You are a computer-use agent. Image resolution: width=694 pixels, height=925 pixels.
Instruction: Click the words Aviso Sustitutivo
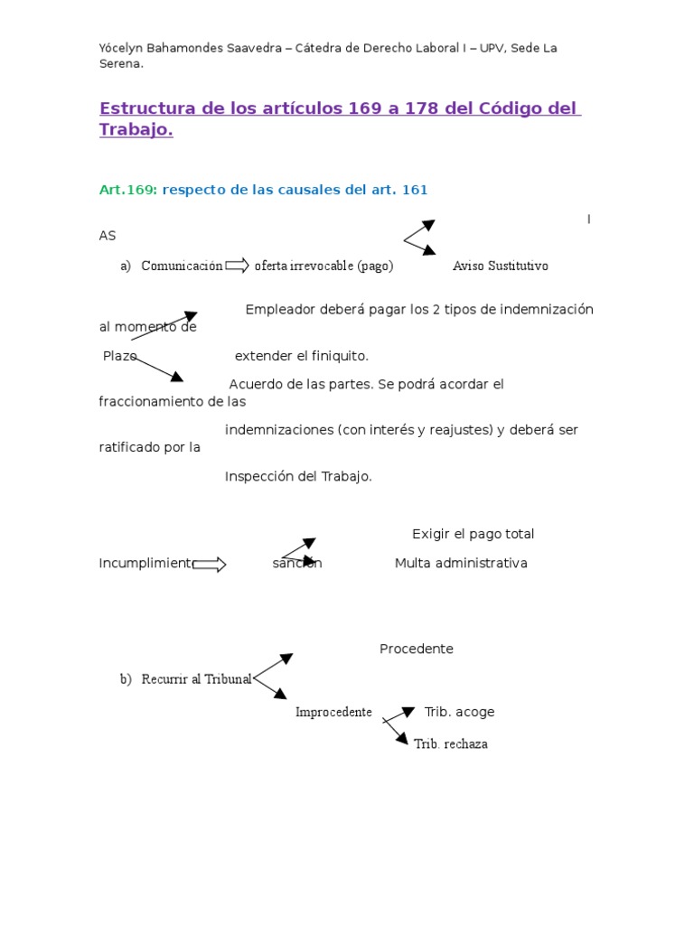click(x=500, y=266)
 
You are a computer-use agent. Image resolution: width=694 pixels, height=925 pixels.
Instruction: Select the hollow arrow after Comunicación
click(x=238, y=265)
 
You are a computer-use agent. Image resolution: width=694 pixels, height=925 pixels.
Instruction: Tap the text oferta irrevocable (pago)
click(x=324, y=266)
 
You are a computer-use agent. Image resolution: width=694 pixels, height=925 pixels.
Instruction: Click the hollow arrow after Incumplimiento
click(x=210, y=565)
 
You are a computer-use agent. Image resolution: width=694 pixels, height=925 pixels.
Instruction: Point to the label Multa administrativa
click(x=461, y=563)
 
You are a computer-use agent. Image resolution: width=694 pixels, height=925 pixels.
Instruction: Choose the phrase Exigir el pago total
click(x=473, y=534)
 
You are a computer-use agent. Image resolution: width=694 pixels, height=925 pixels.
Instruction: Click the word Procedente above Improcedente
click(x=416, y=649)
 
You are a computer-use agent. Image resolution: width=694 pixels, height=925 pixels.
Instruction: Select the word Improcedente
click(x=333, y=712)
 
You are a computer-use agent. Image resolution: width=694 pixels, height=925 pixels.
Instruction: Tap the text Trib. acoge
click(x=459, y=712)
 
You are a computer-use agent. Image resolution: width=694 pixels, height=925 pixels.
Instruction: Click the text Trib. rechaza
click(x=450, y=743)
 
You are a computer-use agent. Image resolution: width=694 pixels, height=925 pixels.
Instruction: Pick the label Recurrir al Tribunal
click(x=196, y=679)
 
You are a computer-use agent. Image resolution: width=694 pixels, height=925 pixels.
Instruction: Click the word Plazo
click(x=119, y=356)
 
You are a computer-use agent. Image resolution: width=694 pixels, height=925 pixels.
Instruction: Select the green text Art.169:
click(x=128, y=190)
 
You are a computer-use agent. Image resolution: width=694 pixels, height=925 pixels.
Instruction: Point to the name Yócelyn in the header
click(x=120, y=48)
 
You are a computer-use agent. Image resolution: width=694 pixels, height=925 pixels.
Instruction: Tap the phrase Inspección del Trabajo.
click(x=298, y=476)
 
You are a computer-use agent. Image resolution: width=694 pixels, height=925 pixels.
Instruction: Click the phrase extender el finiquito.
click(x=302, y=356)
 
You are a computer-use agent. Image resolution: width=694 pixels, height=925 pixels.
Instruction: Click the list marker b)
click(x=126, y=679)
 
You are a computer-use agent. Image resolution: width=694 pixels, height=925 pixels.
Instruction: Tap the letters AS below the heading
click(x=108, y=236)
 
